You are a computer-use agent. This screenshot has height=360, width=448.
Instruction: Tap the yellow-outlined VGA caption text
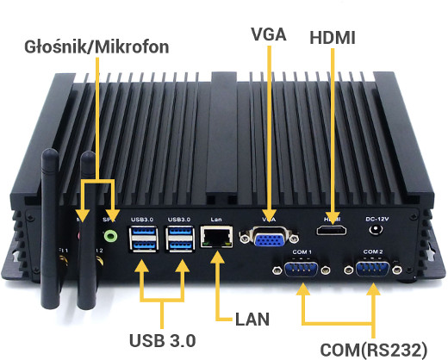coord(270,35)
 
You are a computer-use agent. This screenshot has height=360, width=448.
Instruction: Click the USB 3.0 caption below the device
coord(161,337)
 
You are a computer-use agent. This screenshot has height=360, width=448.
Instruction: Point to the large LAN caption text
coord(252,319)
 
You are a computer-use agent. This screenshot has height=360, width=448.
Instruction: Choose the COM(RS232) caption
coord(373,349)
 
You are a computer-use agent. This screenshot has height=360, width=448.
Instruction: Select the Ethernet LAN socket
coord(215,237)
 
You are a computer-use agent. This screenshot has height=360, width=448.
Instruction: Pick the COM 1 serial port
coord(302,270)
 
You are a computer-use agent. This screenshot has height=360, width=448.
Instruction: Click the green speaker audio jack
coord(109,233)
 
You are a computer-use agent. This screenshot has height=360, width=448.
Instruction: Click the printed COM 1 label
coord(302,251)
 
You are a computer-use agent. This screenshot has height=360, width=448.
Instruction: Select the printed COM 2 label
coord(373,251)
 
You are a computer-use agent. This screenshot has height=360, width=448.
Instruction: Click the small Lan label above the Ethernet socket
coord(215,220)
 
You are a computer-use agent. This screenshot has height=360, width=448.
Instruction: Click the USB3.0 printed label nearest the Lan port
coord(179,220)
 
